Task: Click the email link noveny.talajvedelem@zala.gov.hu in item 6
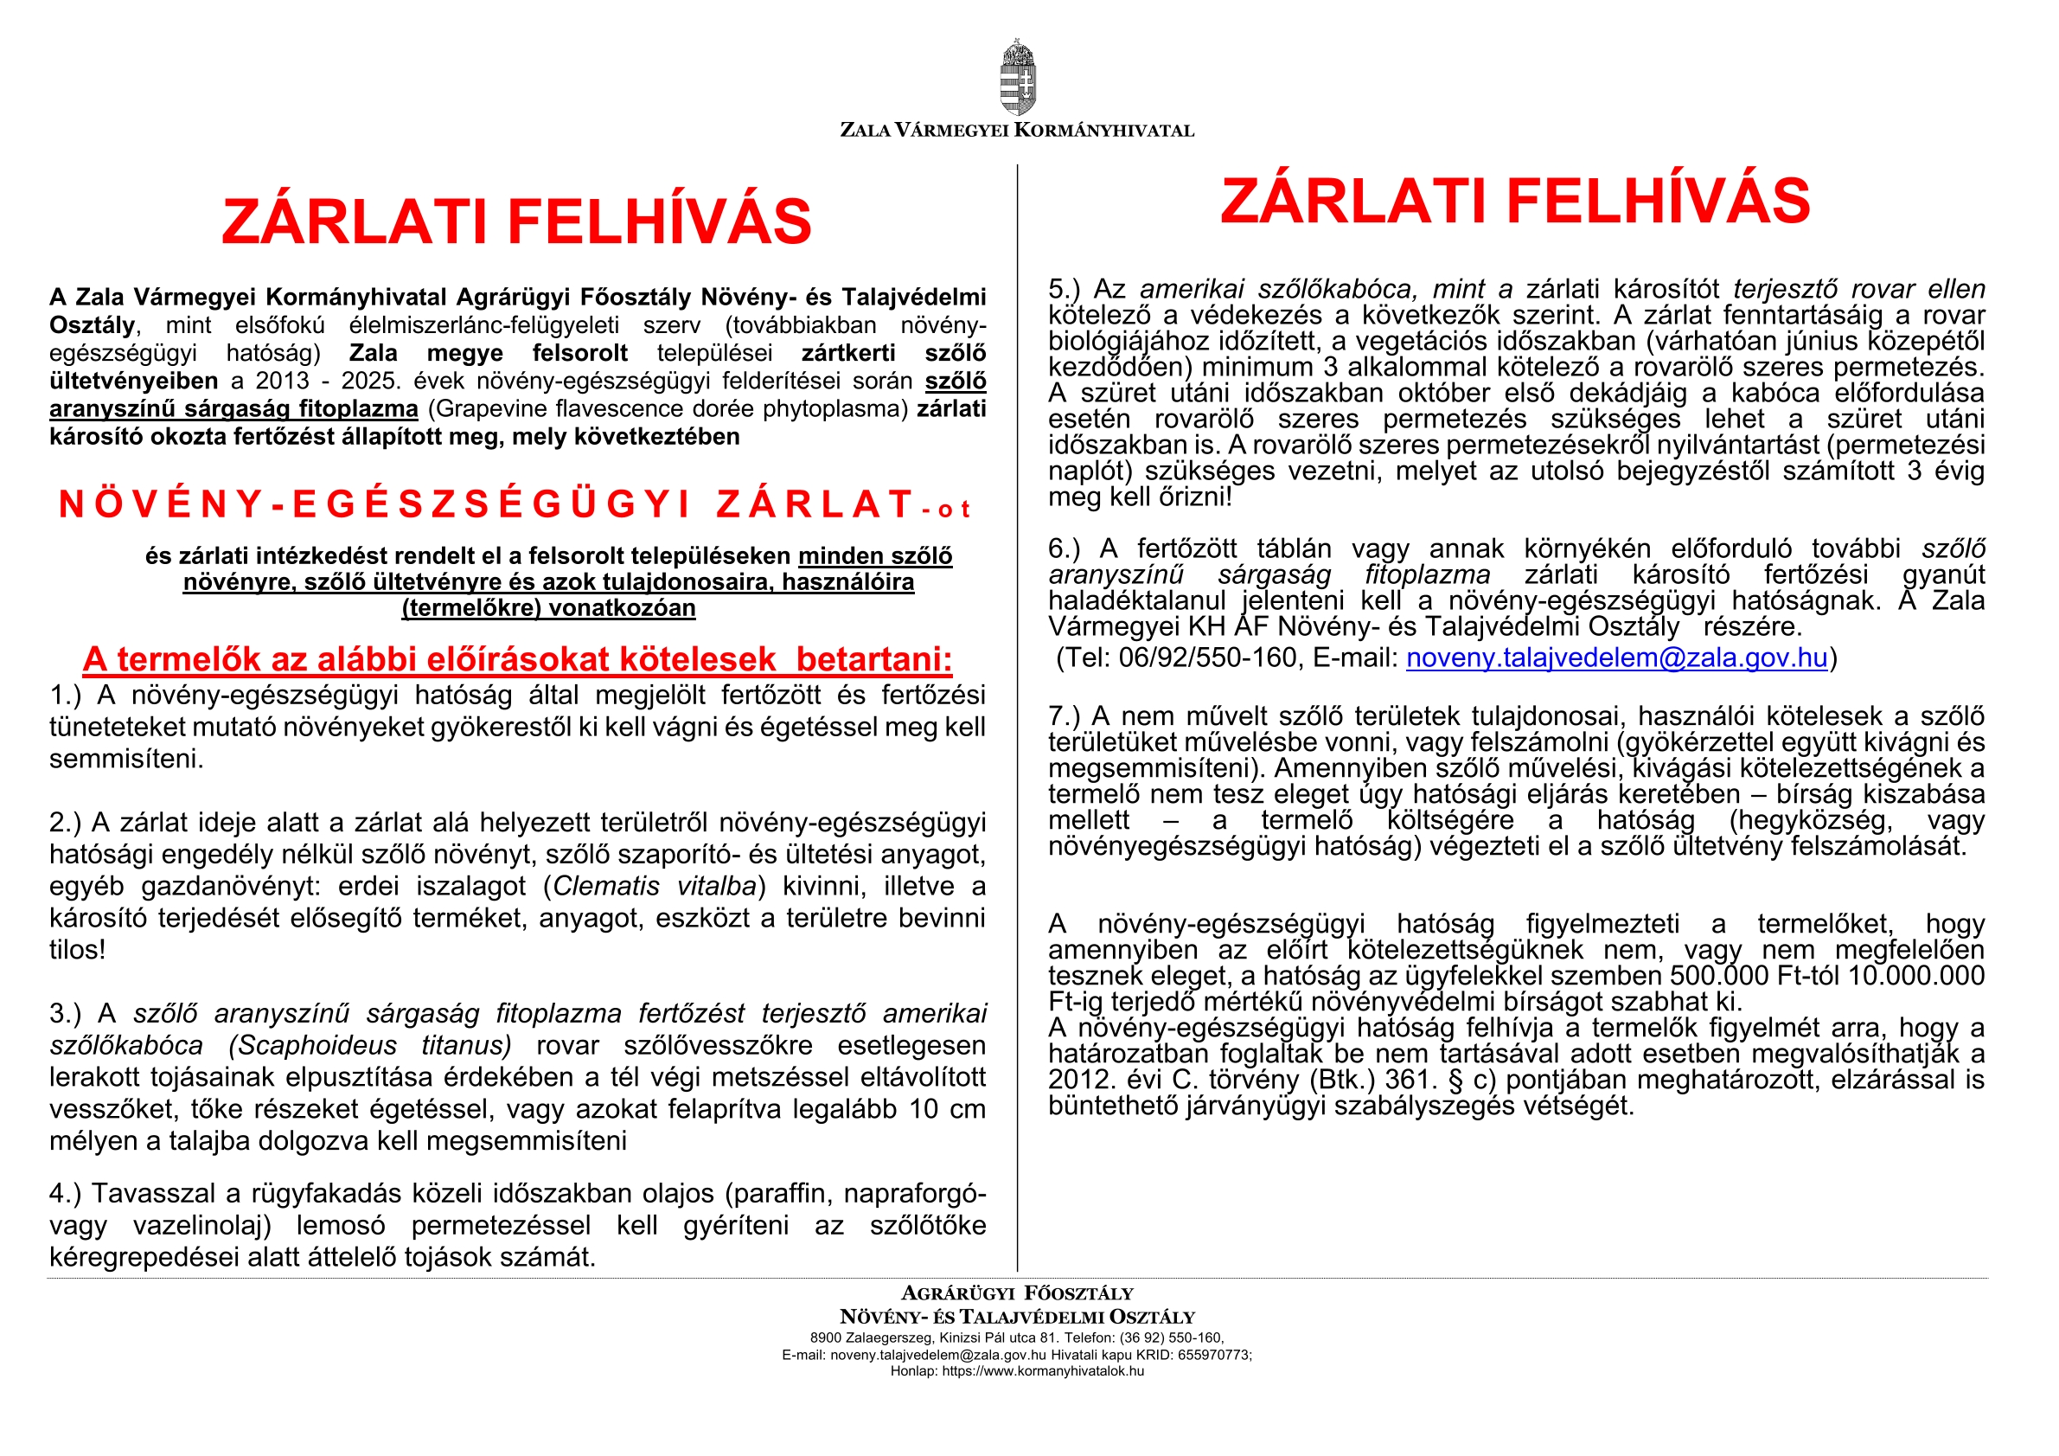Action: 1616,657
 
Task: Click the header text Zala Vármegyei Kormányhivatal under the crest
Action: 1017,130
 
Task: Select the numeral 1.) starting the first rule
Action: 66,696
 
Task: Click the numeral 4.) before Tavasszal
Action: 66,1193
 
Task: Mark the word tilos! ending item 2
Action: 77,949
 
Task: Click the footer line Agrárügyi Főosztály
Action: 1017,1292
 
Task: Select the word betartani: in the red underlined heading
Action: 873,659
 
